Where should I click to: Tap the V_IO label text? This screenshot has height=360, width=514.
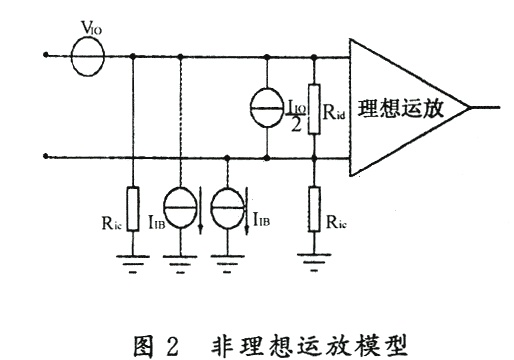(x=91, y=28)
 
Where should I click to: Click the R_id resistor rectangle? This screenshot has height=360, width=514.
(x=314, y=109)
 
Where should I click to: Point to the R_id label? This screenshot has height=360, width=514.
(x=334, y=112)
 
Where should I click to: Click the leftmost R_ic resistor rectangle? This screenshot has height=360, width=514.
(x=133, y=209)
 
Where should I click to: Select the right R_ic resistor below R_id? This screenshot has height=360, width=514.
(x=314, y=209)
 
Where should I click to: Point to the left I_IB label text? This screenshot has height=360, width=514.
(x=157, y=222)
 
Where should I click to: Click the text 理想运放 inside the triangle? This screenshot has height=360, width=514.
(x=401, y=108)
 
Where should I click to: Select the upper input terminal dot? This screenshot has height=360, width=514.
(x=46, y=55)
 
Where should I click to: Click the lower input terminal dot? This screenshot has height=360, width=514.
(x=46, y=156)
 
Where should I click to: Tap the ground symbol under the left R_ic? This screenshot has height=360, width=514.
(x=133, y=264)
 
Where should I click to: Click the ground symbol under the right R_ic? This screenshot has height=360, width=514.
(x=314, y=262)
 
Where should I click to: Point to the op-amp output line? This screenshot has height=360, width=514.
(x=484, y=107)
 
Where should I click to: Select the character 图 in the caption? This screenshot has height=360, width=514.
(x=144, y=346)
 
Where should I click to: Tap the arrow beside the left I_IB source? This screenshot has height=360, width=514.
(x=200, y=211)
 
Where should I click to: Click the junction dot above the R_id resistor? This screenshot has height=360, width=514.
(x=314, y=57)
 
